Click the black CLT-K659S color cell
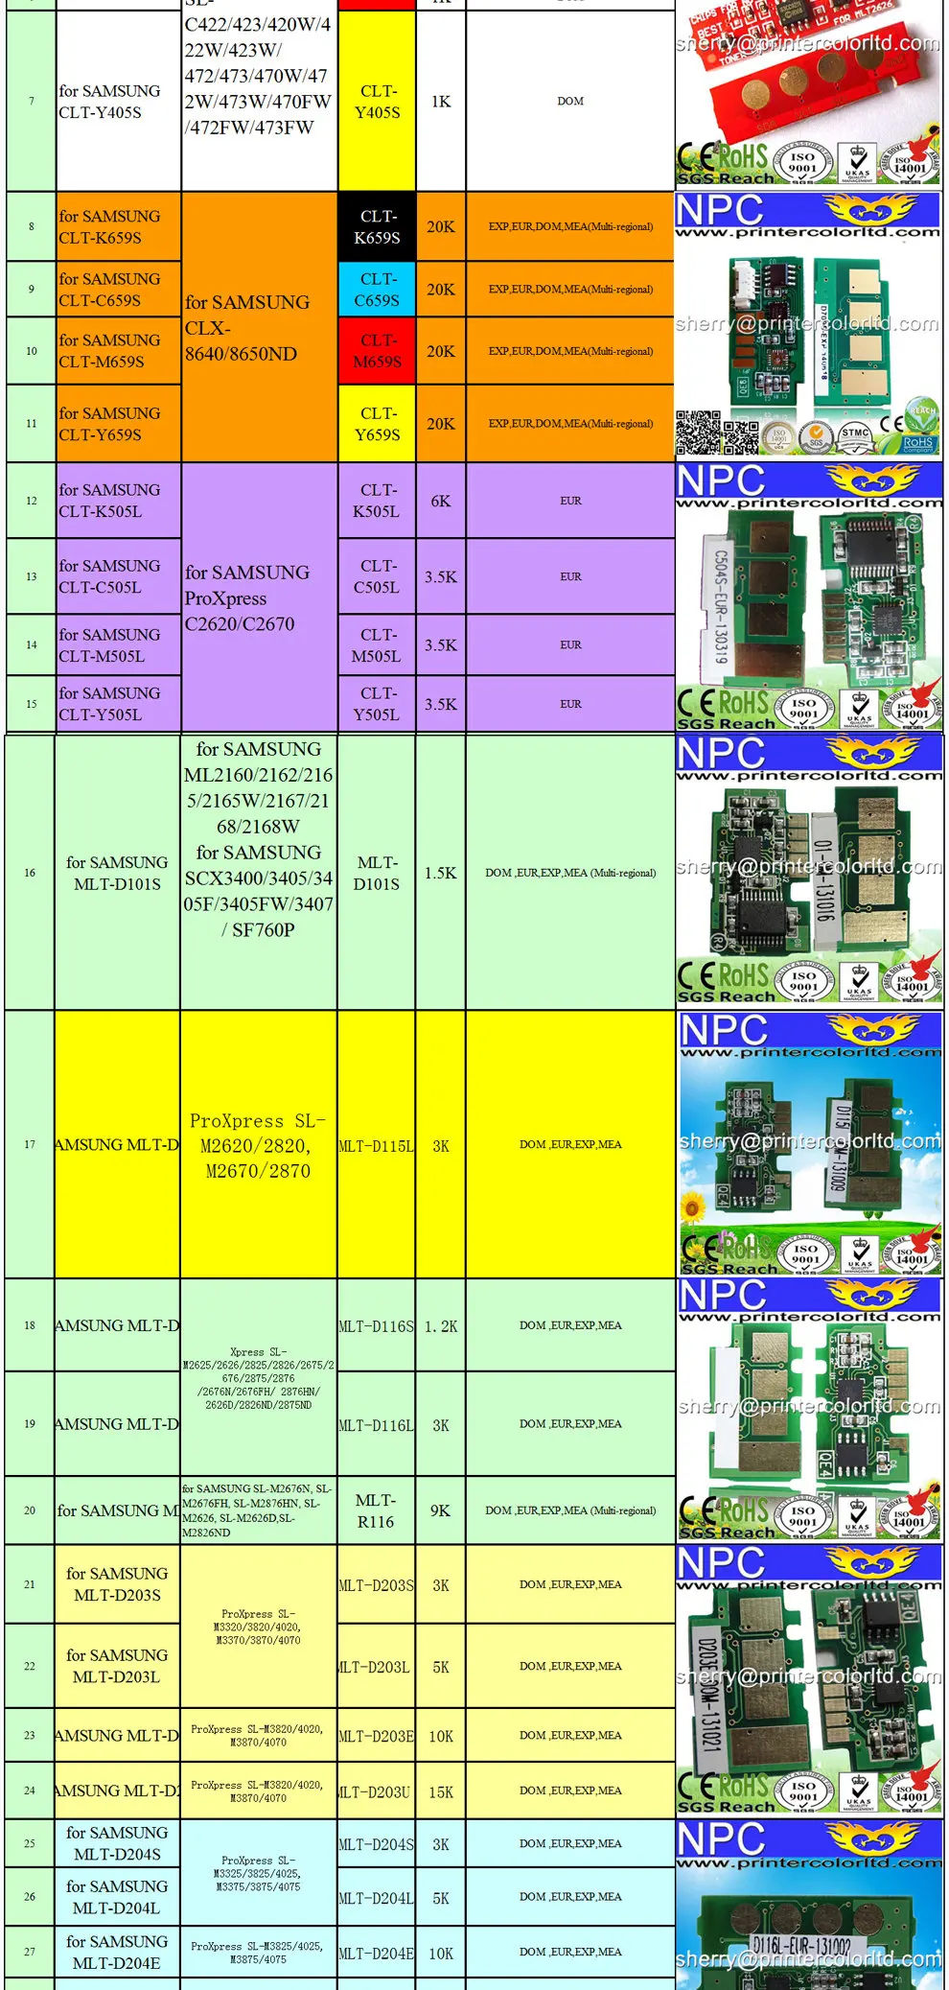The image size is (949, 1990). click(377, 227)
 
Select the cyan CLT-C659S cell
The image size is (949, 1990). click(377, 290)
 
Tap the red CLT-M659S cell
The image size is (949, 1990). click(377, 351)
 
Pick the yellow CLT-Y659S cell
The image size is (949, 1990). click(377, 424)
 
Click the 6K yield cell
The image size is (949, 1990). click(441, 502)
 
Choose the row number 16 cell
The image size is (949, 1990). click(30, 873)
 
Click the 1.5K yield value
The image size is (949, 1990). click(441, 873)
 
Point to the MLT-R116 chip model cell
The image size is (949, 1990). click(376, 1510)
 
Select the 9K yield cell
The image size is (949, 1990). click(441, 1510)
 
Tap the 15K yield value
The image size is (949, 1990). click(441, 1791)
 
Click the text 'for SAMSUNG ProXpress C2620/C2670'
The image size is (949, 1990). click(247, 598)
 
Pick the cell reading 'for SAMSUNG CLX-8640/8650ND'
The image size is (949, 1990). click(247, 328)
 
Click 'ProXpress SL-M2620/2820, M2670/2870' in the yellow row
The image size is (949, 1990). click(258, 1145)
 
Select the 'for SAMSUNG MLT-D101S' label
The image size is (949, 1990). click(117, 873)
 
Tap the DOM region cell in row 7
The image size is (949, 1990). click(570, 102)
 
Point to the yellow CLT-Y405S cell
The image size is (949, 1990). click(377, 102)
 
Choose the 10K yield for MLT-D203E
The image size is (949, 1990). click(441, 1736)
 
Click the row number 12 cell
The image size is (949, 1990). click(32, 501)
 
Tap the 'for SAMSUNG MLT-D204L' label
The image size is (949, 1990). click(117, 1897)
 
